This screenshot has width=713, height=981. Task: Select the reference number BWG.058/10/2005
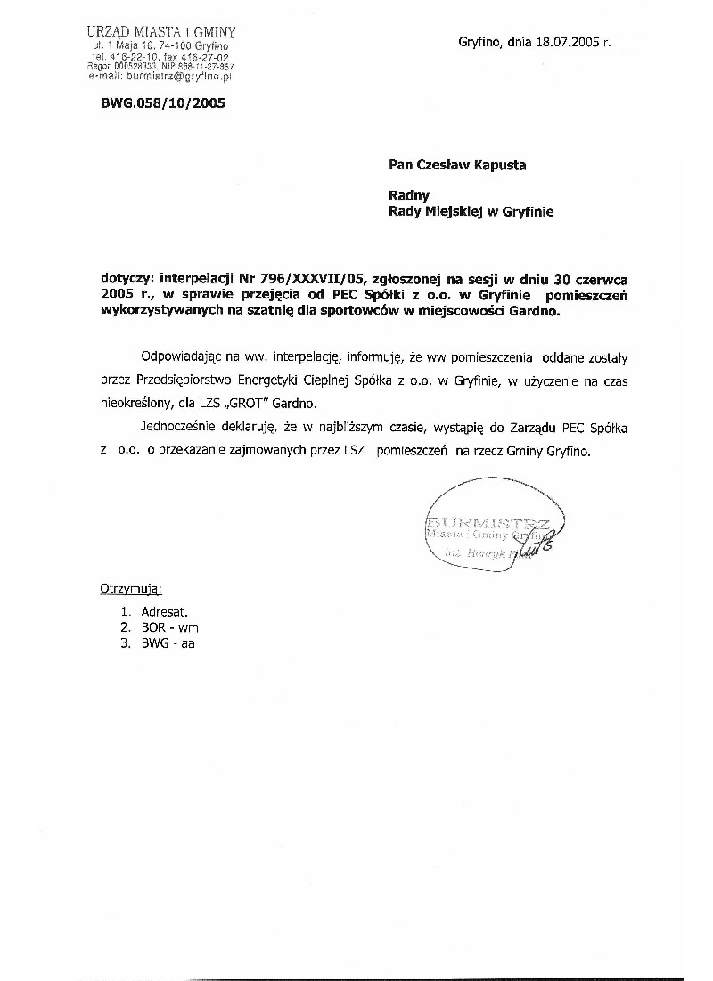point(164,102)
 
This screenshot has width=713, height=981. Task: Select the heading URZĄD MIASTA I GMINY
point(161,32)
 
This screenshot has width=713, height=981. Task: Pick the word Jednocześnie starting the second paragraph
point(183,429)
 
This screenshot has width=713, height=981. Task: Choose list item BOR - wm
point(169,627)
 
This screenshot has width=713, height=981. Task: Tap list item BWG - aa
point(168,642)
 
